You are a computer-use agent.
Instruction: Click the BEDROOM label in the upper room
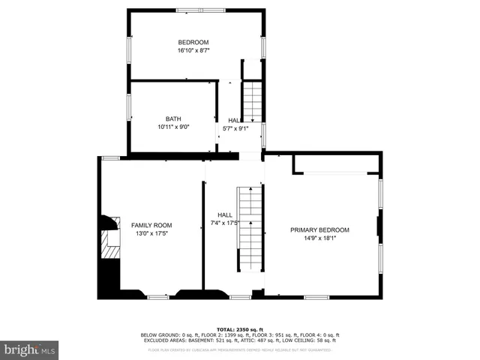(193, 42)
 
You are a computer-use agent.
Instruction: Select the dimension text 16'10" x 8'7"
(193, 51)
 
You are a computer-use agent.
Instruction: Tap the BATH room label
(173, 118)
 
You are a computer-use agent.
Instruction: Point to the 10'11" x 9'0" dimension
(173, 127)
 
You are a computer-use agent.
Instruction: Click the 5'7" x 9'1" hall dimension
(235, 128)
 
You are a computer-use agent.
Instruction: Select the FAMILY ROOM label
(151, 225)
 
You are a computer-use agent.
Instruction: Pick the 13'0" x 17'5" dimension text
(151, 234)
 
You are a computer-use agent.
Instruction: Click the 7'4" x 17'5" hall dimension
(223, 223)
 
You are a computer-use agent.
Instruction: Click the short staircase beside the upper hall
(253, 102)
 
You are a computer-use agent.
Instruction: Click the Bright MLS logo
(30, 349)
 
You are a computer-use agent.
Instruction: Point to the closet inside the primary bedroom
(335, 163)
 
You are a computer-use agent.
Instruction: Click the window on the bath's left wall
(129, 106)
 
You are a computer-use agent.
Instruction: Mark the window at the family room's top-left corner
(111, 157)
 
